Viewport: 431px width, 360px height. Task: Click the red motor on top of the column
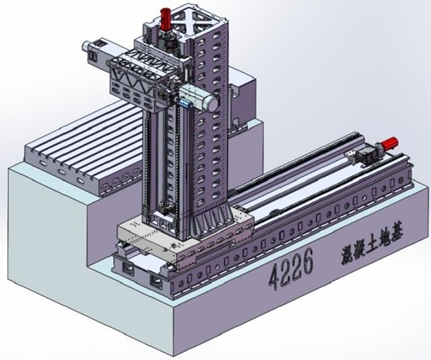[x=166, y=19]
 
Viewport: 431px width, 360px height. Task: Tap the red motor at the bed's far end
[x=389, y=143]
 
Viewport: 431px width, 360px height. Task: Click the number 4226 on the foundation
[x=291, y=269]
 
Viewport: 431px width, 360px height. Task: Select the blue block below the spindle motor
[x=184, y=104]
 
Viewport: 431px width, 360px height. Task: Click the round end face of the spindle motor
[x=212, y=103]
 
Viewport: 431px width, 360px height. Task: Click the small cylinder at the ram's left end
[x=87, y=45]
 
